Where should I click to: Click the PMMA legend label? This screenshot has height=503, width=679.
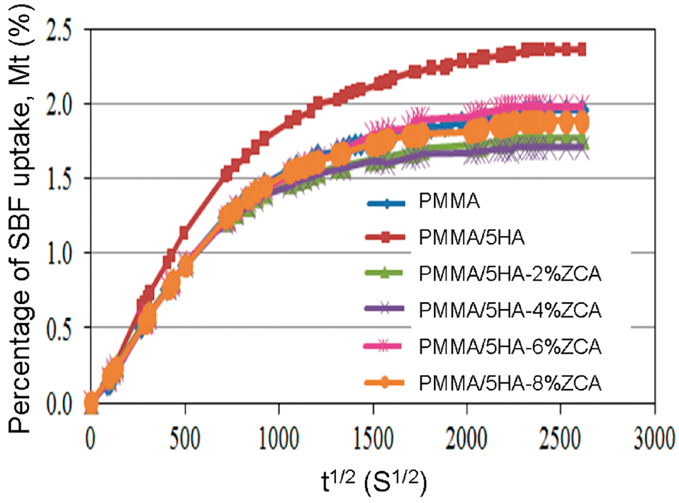(x=449, y=202)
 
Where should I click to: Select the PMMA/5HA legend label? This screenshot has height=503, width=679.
(x=472, y=238)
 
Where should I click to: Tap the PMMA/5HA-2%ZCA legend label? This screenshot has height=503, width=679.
(x=510, y=274)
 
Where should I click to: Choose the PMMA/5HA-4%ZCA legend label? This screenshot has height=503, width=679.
(x=510, y=310)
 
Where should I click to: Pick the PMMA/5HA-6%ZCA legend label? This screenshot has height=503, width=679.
(x=510, y=347)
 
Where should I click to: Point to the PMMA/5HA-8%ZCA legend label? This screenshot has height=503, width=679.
(x=510, y=383)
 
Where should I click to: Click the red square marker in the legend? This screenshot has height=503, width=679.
(x=385, y=237)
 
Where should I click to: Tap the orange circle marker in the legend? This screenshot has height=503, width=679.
(x=385, y=383)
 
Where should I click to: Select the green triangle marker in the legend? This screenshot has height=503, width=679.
(x=385, y=273)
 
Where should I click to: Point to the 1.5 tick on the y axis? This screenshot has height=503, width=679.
(x=59, y=179)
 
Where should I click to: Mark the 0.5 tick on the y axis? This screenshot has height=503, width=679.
(x=59, y=327)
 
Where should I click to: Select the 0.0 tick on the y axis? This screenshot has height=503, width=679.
(x=59, y=403)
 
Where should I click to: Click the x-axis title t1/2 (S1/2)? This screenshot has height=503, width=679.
(x=374, y=482)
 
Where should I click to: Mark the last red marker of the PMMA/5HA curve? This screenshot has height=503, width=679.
(x=582, y=50)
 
